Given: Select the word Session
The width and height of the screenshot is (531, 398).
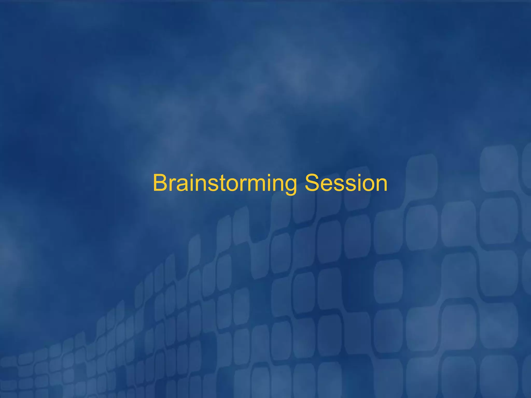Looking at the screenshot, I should tap(346, 183).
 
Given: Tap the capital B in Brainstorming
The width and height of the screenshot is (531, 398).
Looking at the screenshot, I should tap(160, 183).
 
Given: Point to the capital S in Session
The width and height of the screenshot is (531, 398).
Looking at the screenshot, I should tap(313, 183).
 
